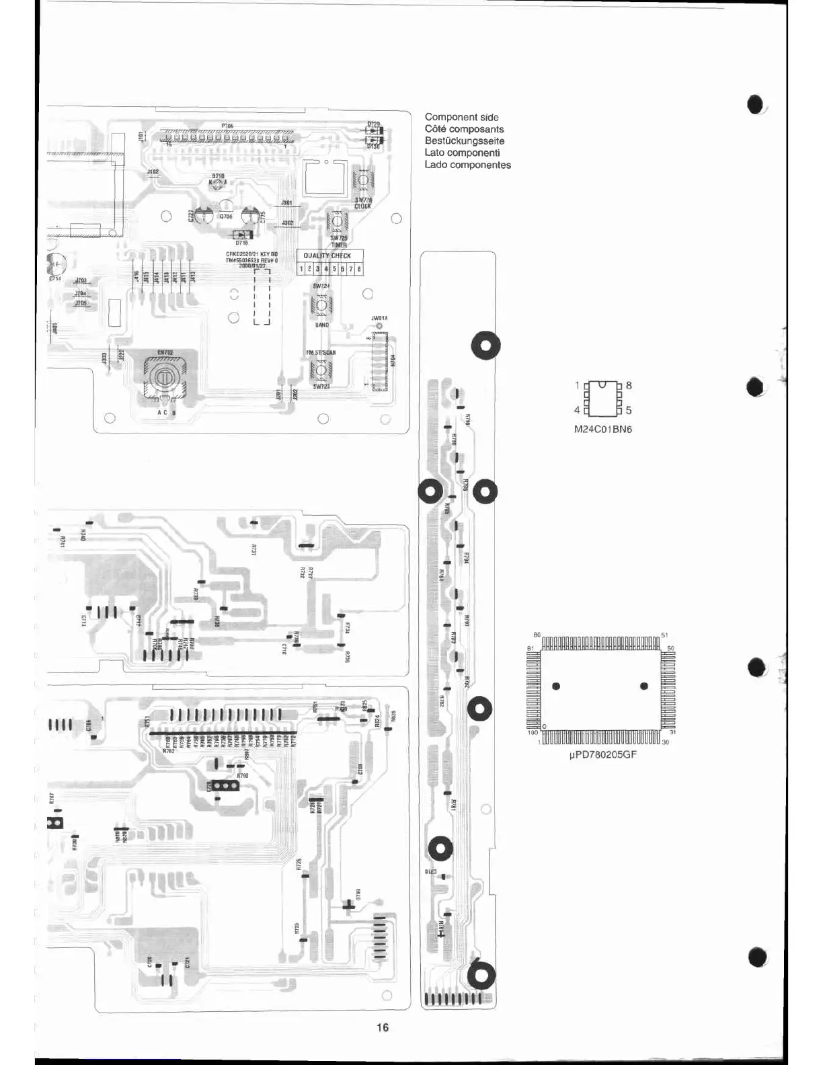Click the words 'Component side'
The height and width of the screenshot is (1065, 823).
pos(461,117)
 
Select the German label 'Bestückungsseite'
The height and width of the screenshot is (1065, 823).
pos(464,141)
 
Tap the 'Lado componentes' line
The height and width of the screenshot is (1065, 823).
pos(467,165)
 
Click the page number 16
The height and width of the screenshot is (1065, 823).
pos(383,1027)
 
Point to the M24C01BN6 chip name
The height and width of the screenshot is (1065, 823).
pos(602,429)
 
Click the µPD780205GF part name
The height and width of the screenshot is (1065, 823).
pos(602,754)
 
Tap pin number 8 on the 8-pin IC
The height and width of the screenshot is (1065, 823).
pos(629,385)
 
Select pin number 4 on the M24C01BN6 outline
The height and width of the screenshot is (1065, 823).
pos(577,410)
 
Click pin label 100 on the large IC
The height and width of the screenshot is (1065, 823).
pos(533,732)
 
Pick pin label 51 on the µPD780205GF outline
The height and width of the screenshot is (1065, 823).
pos(664,635)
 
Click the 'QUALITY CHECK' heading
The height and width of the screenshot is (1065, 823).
pos(327,255)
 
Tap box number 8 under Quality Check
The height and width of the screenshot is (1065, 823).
pos(359,269)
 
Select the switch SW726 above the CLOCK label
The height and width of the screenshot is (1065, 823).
pos(363,180)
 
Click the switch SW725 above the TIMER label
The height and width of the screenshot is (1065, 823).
pos(337,221)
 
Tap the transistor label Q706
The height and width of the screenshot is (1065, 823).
pos(226,216)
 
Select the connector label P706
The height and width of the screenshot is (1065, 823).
pos(227,125)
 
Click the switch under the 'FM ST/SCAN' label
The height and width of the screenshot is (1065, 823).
pos(321,370)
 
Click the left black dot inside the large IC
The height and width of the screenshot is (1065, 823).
pos(556,686)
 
